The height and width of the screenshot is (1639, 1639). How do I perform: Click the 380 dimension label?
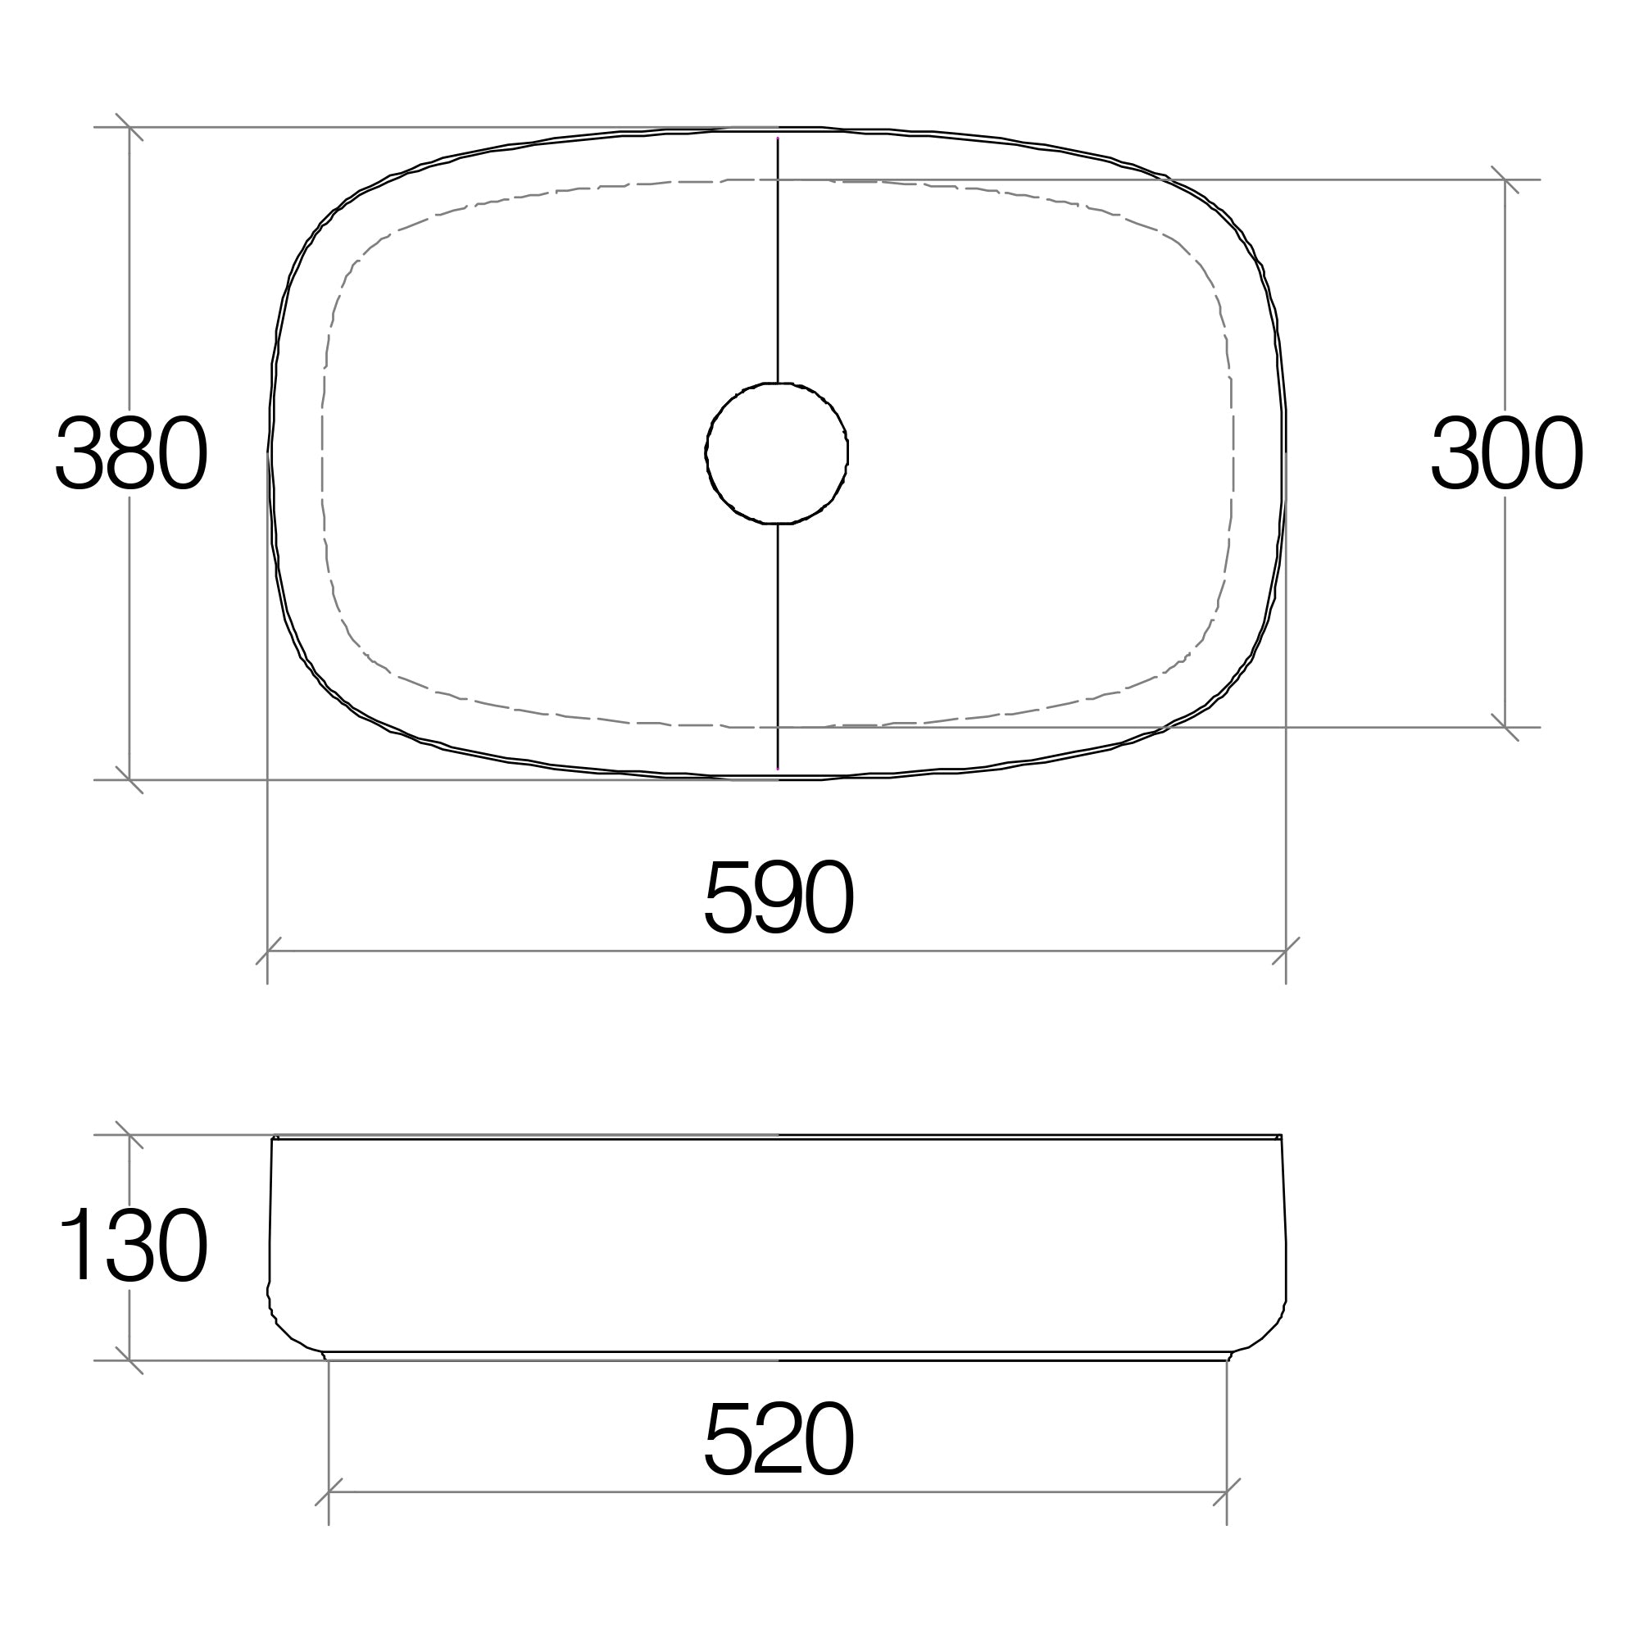coord(131,452)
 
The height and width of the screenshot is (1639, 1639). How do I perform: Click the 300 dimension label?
coord(1507,452)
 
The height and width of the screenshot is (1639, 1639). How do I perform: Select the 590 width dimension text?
coord(779,897)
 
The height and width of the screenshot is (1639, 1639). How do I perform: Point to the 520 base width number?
coord(779,1437)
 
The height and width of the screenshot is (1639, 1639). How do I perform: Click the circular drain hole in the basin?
coord(777,453)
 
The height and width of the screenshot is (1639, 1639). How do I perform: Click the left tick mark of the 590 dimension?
coord(268,951)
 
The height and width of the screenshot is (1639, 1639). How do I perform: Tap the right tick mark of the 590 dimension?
coord(1286,951)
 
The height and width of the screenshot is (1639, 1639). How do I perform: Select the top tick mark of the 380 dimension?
coord(129,127)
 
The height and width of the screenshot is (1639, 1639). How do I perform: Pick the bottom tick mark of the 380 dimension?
coord(129,779)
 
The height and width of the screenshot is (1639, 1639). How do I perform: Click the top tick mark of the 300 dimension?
coord(1505,179)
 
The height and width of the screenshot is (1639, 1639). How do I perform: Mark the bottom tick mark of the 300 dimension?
coord(1505,727)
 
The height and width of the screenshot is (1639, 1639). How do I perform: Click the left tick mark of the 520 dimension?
coord(329,1491)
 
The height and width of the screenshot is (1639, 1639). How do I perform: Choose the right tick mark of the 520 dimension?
coord(1227,1491)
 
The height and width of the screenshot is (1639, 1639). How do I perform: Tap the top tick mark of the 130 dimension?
coord(129,1135)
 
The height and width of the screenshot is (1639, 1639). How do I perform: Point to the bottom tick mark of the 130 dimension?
coord(129,1360)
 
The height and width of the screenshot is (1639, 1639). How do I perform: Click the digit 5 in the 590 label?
coord(728,897)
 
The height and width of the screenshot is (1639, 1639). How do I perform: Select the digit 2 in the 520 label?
coord(777,1437)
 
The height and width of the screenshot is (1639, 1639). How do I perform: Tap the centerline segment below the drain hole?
coord(778,645)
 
